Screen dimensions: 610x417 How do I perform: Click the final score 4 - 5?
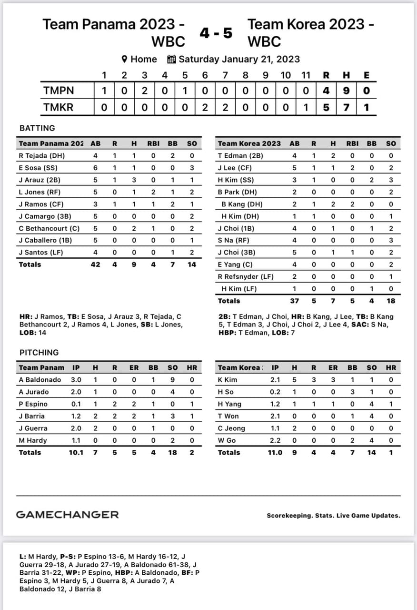click(x=216, y=33)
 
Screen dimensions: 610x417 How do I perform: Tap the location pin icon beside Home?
click(x=125, y=59)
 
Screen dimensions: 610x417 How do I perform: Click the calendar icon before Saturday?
click(x=171, y=59)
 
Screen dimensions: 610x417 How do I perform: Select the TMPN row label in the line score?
click(x=59, y=91)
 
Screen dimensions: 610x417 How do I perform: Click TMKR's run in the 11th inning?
click(x=306, y=107)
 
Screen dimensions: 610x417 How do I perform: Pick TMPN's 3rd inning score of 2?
click(x=144, y=91)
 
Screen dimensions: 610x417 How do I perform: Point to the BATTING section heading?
click(x=37, y=128)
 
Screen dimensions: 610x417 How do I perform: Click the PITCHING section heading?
click(x=39, y=352)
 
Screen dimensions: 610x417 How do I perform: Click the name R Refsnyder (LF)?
click(x=246, y=276)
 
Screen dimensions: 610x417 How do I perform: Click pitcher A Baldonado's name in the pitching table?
click(x=40, y=380)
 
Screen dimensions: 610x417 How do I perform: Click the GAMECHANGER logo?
click(x=67, y=514)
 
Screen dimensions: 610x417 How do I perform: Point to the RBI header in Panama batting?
click(x=153, y=143)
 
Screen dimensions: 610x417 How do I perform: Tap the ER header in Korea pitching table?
click(x=333, y=367)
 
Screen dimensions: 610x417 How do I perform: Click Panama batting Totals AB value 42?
click(x=95, y=264)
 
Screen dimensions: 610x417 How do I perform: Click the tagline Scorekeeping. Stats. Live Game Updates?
click(x=333, y=516)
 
